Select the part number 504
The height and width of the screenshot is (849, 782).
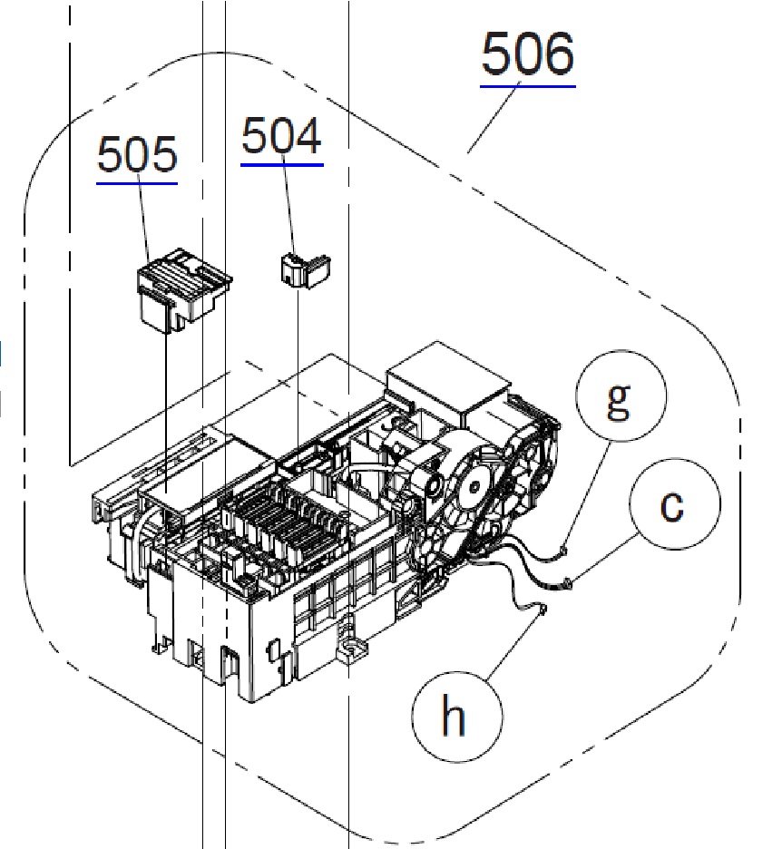[281, 137]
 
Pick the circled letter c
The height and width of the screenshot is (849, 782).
[672, 504]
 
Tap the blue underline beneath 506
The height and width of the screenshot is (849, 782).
[527, 86]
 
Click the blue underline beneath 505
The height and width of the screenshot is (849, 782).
[137, 183]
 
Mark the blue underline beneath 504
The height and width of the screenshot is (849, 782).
[281, 165]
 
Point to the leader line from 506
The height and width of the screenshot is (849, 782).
[494, 119]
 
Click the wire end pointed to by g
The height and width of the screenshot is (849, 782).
[563, 548]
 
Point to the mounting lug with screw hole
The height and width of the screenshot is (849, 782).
[347, 649]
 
